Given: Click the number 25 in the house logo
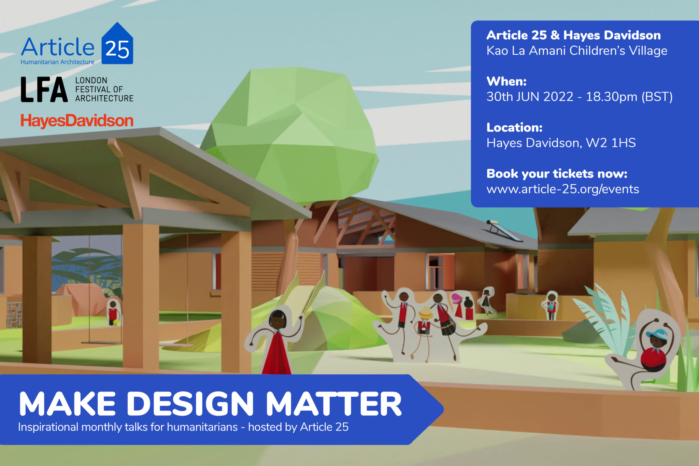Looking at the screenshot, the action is pos(117,50).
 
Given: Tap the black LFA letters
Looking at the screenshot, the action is pos(44,89).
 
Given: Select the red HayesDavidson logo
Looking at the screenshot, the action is pos(77,121).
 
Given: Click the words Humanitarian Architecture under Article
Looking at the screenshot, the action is pos(57,62).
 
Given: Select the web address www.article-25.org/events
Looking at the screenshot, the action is pos(562,189).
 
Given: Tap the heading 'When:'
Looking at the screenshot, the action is pos(507,81).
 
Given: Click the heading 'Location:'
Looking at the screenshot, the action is pos(514,127).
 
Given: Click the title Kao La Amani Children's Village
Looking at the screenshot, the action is pos(577,51).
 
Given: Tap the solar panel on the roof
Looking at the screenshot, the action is pos(504,230).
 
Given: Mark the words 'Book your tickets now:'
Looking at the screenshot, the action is pos(557,174).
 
